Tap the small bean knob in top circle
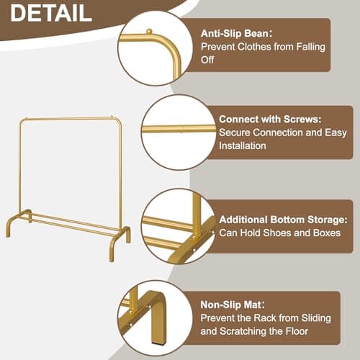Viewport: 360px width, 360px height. point(149,32)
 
